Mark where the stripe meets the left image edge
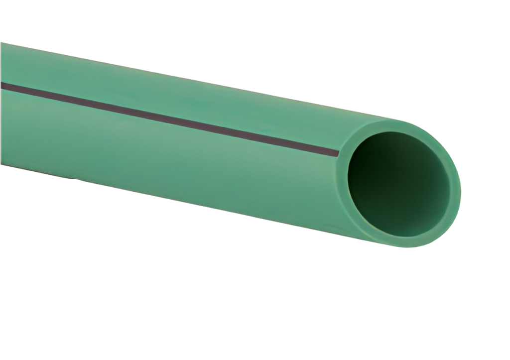1,85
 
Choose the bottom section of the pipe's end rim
398,241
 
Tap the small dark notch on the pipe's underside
75,177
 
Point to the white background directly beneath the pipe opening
398,289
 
